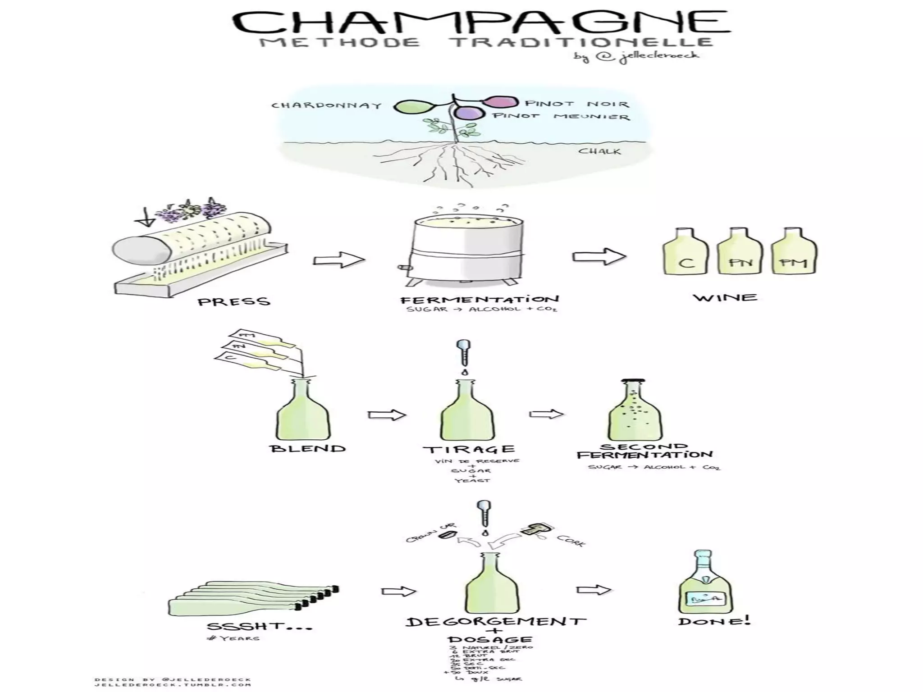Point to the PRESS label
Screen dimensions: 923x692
(234, 301)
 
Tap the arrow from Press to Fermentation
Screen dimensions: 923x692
(338, 260)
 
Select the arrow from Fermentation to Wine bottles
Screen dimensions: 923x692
(599, 257)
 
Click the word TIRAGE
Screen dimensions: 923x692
(469, 449)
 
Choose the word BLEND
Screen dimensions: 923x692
(307, 449)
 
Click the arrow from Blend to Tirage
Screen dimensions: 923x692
(387, 414)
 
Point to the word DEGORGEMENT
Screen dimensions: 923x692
(496, 622)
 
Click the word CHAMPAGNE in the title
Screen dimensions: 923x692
(480, 22)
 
